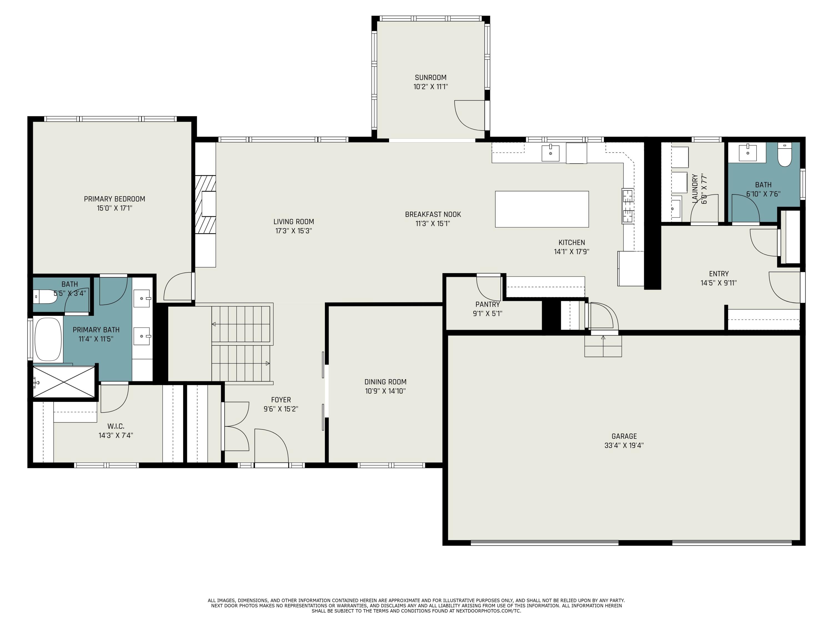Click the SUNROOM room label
[x=430, y=77]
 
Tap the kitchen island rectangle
[x=541, y=209]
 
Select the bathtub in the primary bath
[x=48, y=339]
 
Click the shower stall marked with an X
[x=64, y=381]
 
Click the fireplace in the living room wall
[x=206, y=204]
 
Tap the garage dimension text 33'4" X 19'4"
[x=624, y=445]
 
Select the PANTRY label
[x=487, y=304]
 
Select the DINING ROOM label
[x=385, y=382]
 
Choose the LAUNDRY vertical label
[x=695, y=189]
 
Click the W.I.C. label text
[x=116, y=426]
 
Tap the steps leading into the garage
[x=603, y=346]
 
